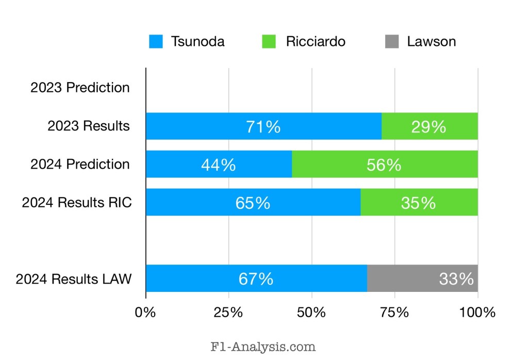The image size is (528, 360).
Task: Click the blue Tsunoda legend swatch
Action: pos(156,42)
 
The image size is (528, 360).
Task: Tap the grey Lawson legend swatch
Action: pos(391,42)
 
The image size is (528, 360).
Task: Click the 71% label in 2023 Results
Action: pos(263,126)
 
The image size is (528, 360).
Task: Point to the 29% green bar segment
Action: pos(429,126)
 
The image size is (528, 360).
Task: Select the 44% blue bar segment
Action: pos(219,165)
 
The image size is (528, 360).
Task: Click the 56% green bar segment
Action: pos(384,165)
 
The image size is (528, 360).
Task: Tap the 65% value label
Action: pos(253,203)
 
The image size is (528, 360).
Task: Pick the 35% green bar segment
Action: pos(419,203)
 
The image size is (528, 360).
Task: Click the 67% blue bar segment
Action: pos(256,279)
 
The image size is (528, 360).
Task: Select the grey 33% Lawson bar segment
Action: pos(422,279)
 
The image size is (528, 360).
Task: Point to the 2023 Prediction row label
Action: pos(80,88)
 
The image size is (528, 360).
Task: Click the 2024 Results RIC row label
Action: pos(76,203)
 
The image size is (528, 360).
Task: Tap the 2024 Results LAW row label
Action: pos(73,279)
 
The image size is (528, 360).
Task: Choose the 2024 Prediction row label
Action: pos(80,165)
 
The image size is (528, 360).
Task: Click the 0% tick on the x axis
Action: pos(145,313)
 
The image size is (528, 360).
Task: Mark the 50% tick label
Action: pos(311,313)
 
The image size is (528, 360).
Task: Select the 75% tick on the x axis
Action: pos(394,313)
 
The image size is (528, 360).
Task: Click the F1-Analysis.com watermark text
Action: pos(263,347)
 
